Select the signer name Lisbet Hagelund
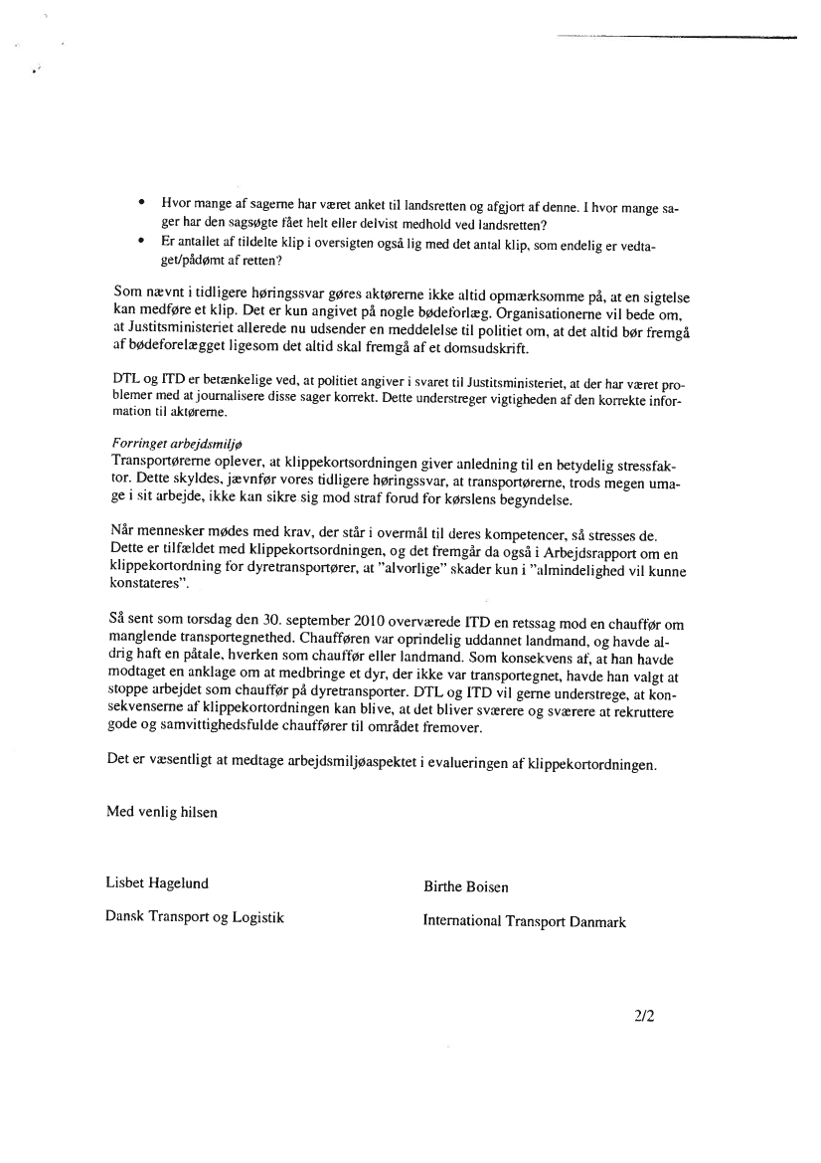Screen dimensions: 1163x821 [x=157, y=882]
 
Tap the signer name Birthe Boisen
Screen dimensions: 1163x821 [x=466, y=886]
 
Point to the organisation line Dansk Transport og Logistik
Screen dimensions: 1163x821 [x=195, y=917]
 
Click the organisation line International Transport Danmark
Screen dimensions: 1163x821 [x=524, y=922]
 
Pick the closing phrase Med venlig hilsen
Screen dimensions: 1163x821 [x=162, y=812]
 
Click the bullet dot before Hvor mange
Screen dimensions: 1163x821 [x=142, y=204]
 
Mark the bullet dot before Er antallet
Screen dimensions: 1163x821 [x=142, y=242]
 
